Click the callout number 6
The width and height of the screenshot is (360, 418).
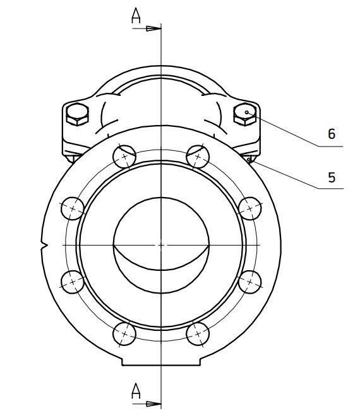pyautogui.click(x=332, y=134)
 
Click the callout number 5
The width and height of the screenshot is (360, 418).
pyautogui.click(x=332, y=177)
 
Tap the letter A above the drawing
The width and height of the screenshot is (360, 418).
pyautogui.click(x=136, y=16)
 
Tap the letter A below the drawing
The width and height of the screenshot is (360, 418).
pyautogui.click(x=136, y=391)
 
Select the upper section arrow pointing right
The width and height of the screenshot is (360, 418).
pyautogui.click(x=147, y=28)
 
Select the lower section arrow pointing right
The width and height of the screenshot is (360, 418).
pyautogui.click(x=147, y=404)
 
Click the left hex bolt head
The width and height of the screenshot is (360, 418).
pyautogui.click(x=77, y=114)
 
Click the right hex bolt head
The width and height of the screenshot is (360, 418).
pyautogui.click(x=245, y=114)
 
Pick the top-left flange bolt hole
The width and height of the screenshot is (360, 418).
pyautogui.click(x=124, y=157)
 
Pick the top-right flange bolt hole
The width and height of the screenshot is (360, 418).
pyautogui.click(x=198, y=157)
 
